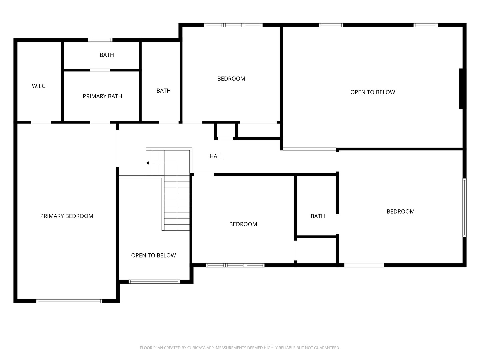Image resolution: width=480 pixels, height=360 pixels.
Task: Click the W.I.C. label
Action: (x=39, y=86)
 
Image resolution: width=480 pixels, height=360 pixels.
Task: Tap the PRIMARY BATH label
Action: (x=102, y=96)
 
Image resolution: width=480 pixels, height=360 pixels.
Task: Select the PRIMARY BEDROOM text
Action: (x=67, y=216)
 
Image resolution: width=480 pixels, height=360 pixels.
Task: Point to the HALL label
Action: (x=216, y=156)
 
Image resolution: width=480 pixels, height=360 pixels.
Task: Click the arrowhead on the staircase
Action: (x=147, y=163)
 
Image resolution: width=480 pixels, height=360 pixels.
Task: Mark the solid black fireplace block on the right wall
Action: (x=461, y=89)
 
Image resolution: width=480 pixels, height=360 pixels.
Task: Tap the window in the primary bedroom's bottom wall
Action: (x=69, y=301)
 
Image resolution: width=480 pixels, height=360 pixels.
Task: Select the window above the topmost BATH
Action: (x=100, y=40)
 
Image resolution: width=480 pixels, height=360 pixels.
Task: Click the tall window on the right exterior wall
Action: (x=464, y=207)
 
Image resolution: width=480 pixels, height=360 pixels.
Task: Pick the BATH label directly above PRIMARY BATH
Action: (x=107, y=55)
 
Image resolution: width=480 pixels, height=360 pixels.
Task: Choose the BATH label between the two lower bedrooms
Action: (x=318, y=216)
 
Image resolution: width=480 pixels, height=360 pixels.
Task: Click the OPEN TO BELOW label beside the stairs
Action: (x=154, y=256)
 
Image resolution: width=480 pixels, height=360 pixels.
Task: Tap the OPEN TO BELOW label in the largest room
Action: (x=373, y=92)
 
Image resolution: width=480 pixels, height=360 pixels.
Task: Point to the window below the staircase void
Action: (x=154, y=282)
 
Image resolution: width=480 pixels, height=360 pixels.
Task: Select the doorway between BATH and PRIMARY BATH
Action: (x=100, y=70)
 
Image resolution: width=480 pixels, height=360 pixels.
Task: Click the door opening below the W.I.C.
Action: (x=41, y=122)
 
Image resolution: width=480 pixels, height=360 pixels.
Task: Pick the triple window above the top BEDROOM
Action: (x=233, y=25)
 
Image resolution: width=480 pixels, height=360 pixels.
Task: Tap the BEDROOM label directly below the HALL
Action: (x=243, y=224)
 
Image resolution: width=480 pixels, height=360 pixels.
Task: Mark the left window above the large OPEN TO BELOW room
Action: (x=331, y=25)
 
